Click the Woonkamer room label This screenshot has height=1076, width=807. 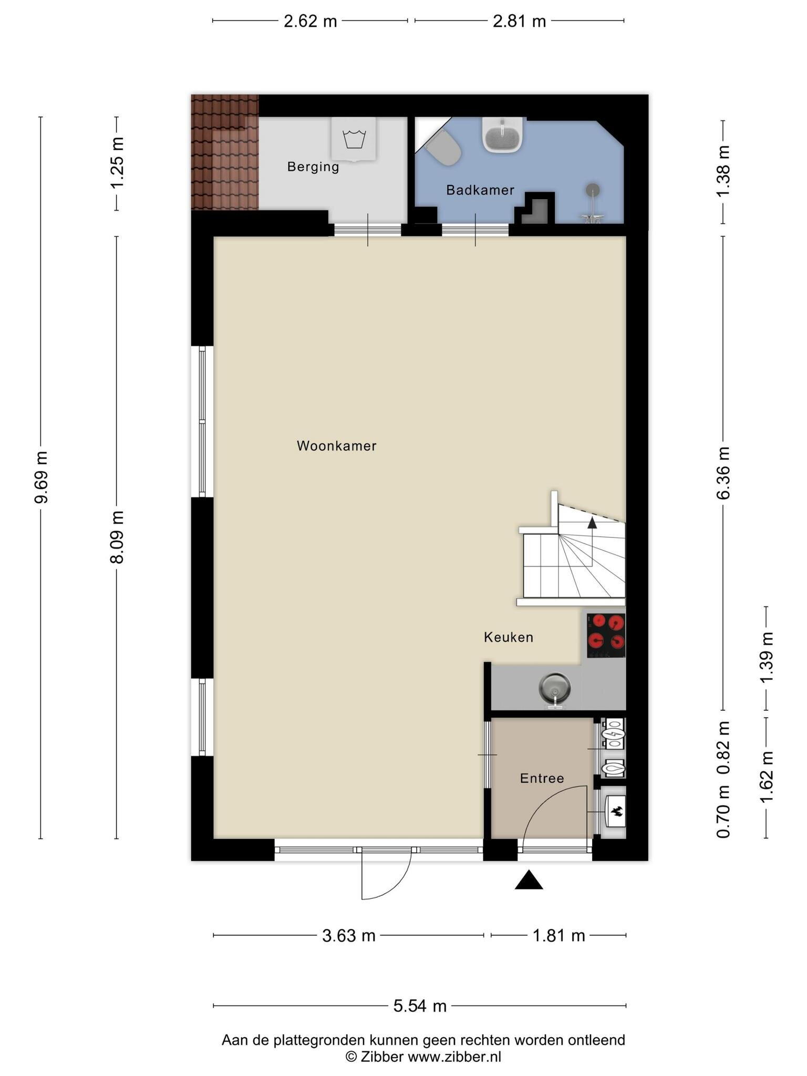(x=336, y=446)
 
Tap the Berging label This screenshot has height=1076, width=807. (x=313, y=167)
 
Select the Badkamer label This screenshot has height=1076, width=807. (x=480, y=190)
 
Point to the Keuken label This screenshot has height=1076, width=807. (x=509, y=637)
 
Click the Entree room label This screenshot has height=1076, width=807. (x=542, y=778)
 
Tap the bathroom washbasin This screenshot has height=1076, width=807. (x=502, y=134)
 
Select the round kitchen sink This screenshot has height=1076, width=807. (x=554, y=689)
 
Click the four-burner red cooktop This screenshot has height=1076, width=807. (x=606, y=635)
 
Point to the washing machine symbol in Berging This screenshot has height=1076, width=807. (x=354, y=139)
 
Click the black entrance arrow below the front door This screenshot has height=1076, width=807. (x=529, y=880)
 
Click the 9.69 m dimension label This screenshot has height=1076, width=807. (x=41, y=477)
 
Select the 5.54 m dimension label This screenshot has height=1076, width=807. (x=420, y=1006)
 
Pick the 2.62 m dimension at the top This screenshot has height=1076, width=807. (x=310, y=21)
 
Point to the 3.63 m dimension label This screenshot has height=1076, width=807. (x=349, y=936)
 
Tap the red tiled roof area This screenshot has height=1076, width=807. (x=225, y=152)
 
